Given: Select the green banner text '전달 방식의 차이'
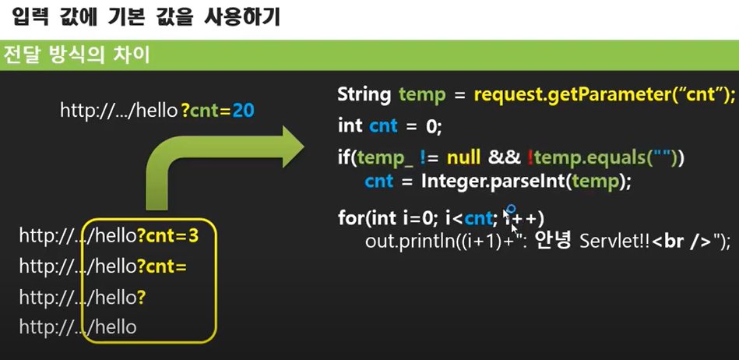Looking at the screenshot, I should tap(77, 56).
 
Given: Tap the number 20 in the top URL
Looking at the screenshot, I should tap(243, 111).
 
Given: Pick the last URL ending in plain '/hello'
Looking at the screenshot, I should tap(78, 327).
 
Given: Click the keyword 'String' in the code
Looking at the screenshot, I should tap(364, 95).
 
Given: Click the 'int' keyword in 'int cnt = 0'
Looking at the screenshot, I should tap(350, 125).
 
